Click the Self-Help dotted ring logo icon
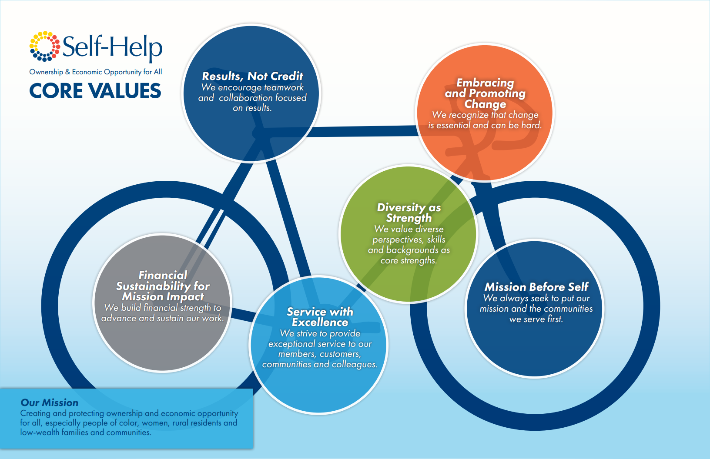pyautogui.click(x=45, y=46)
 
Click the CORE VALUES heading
pyautogui.click(x=95, y=91)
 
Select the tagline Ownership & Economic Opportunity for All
pyautogui.click(x=95, y=72)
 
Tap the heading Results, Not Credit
pyautogui.click(x=253, y=76)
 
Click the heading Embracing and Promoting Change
pyautogui.click(x=485, y=93)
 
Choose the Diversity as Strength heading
pyautogui.click(x=409, y=213)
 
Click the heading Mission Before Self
pyautogui.click(x=536, y=287)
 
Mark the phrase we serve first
pyautogui.click(x=536, y=319)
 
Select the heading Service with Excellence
pyautogui.click(x=320, y=317)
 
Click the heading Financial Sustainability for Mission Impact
pyautogui.click(x=163, y=286)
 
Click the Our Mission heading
pyautogui.click(x=50, y=402)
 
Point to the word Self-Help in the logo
pyautogui.click(x=113, y=47)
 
